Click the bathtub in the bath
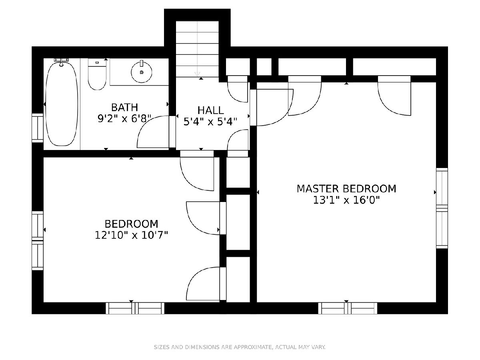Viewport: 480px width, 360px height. pos(62,104)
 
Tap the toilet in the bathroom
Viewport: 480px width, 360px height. pos(97,74)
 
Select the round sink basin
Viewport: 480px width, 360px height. pos(142,72)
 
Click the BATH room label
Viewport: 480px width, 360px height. pos(125,107)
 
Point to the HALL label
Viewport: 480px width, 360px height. pos(210,110)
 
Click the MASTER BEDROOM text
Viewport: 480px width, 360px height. pos(346,189)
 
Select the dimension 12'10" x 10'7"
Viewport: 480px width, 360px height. pos(132,236)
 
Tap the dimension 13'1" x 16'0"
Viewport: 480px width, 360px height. pos(346,200)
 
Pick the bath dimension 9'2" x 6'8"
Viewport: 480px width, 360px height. pos(124,119)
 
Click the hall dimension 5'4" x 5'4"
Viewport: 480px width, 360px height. pos(210,122)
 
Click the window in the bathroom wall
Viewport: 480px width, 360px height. pos(38,128)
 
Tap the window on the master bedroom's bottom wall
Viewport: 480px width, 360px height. pos(348,308)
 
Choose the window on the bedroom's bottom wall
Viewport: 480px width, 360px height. pos(135,308)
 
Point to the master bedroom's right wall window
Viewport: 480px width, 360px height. pos(442,208)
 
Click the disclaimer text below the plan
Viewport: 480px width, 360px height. pos(240,347)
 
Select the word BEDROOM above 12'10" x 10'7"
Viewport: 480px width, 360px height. pos(132,224)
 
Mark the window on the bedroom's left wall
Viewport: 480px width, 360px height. pos(38,240)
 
